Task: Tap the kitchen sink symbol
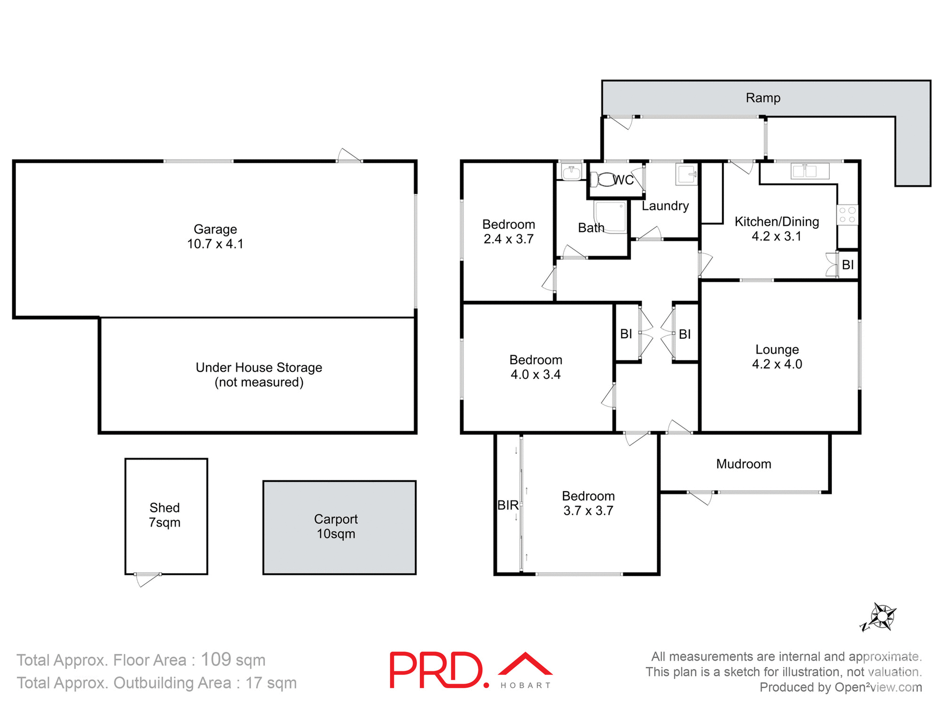click(x=810, y=171)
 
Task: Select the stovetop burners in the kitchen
click(x=848, y=215)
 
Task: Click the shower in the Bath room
click(x=611, y=217)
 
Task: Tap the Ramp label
click(x=763, y=98)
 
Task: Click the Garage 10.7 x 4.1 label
click(x=215, y=236)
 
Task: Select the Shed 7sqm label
click(x=165, y=515)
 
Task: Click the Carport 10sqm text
click(x=336, y=527)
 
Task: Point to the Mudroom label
click(x=743, y=464)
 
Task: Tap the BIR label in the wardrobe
click(x=507, y=505)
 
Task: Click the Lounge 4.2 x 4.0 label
click(x=777, y=357)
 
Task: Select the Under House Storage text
click(x=259, y=368)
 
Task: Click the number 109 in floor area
click(x=216, y=660)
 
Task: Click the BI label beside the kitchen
click(x=848, y=265)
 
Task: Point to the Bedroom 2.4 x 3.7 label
click(x=508, y=232)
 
